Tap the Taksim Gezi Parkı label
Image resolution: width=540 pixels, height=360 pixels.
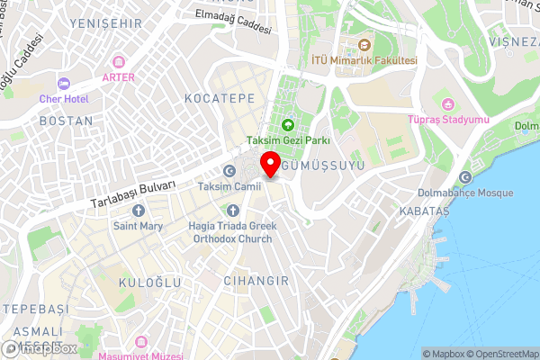[288, 140]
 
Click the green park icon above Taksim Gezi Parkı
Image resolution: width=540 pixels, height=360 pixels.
[288, 125]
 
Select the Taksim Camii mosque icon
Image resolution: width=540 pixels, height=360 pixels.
[229, 171]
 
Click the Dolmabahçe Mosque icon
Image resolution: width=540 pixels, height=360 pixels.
[465, 177]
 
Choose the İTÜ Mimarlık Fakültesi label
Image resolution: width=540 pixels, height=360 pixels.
[364, 60]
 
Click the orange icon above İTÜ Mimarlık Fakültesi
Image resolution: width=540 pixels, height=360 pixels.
[364, 45]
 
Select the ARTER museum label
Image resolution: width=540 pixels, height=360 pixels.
[119, 77]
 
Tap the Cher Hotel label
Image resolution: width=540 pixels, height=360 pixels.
[64, 97]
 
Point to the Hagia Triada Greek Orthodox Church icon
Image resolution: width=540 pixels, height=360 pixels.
[230, 210]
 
